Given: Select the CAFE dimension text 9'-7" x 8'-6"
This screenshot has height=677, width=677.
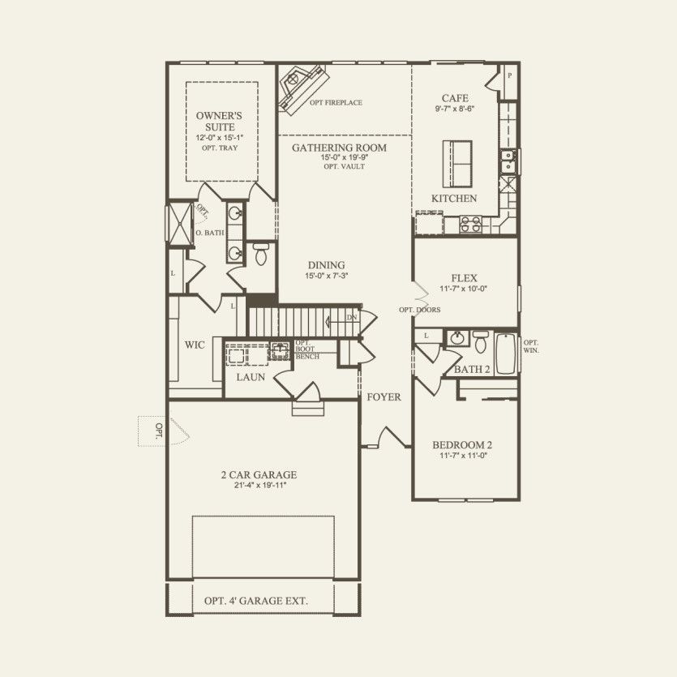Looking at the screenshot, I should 455,109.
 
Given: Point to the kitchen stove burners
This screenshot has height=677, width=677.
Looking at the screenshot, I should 471,224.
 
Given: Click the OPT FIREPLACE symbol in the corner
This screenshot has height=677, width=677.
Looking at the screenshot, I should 301,88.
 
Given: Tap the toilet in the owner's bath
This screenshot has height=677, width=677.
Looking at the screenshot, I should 261,255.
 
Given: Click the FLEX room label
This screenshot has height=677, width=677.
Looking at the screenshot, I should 465,277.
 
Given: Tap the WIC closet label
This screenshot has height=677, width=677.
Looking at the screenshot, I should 195,345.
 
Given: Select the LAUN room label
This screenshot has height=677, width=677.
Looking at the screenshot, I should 251,377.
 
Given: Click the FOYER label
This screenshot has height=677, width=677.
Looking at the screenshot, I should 384,397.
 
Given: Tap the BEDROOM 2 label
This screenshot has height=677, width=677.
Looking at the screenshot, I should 462,445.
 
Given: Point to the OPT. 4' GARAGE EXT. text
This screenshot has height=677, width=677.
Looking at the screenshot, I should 256,602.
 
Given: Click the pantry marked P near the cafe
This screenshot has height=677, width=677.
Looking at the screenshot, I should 509,76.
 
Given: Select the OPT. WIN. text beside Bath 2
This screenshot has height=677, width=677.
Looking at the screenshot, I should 531,346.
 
